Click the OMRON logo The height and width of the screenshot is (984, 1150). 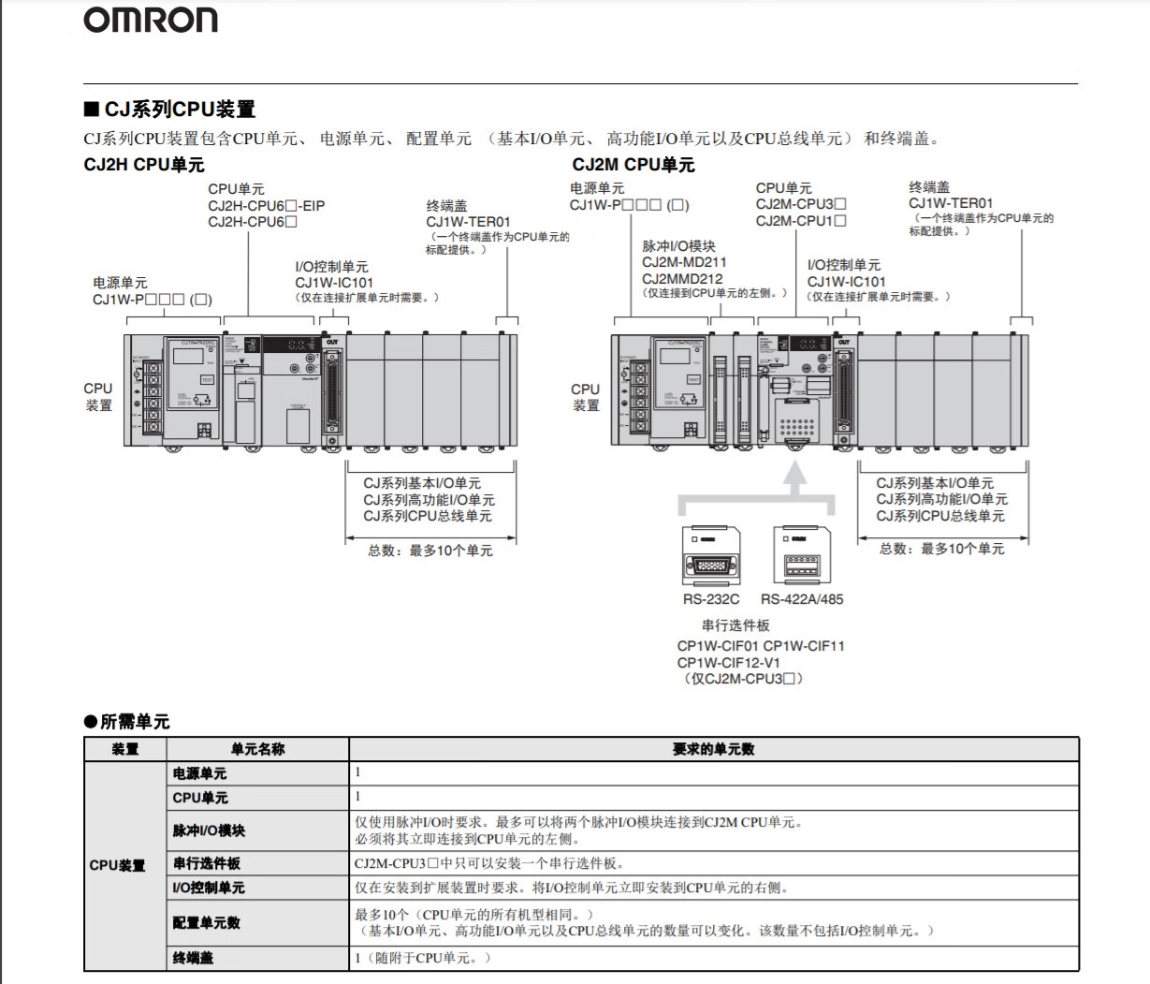tap(151, 21)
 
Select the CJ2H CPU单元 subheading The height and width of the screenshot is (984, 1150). tap(143, 165)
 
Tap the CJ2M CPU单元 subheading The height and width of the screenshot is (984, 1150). tap(633, 165)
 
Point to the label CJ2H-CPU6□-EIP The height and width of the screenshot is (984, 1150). tap(267, 206)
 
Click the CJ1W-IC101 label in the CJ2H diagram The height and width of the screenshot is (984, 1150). tap(334, 283)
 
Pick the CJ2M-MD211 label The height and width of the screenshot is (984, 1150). tap(684, 262)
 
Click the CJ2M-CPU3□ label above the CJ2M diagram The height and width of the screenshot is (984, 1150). tap(801, 204)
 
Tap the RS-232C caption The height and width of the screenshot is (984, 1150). tap(710, 599)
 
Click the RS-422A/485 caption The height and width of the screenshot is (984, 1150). tap(801, 599)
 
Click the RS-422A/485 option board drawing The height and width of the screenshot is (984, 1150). tap(800, 556)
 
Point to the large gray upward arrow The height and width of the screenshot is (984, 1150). tap(794, 479)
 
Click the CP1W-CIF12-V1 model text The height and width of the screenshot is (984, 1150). tap(728, 662)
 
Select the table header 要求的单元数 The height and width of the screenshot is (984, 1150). tap(713, 749)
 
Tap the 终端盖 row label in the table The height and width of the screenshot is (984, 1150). tap(193, 958)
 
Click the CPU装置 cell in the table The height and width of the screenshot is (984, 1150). tap(118, 865)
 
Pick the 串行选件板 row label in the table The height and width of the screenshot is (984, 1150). tap(206, 863)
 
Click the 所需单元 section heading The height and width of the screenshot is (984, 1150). tap(126, 722)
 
